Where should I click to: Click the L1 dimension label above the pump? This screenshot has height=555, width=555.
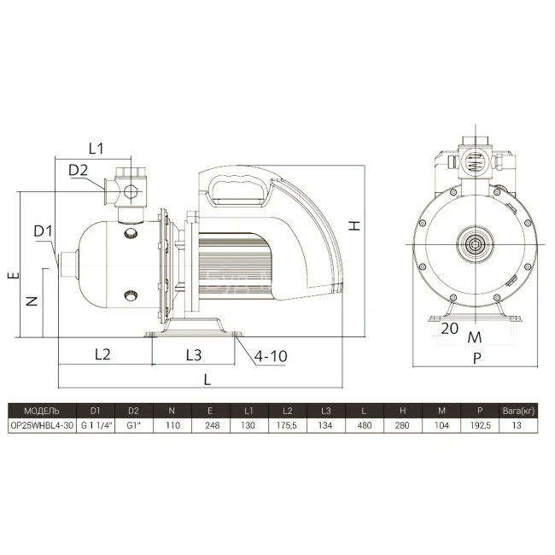[x=96, y=149]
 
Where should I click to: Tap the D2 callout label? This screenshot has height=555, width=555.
[x=78, y=170]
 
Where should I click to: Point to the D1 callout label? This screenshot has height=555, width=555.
[x=43, y=231]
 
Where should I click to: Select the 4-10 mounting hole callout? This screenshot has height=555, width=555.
[x=271, y=356]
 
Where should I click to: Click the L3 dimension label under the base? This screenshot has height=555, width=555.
[x=194, y=355]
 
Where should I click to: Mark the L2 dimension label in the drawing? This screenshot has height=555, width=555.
[x=102, y=354]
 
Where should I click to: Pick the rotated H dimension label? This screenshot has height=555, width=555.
[x=354, y=225]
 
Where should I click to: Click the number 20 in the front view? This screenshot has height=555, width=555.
[x=449, y=329]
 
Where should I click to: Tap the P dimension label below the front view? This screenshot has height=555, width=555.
[x=477, y=359]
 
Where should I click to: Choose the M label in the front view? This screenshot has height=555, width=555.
[x=475, y=337]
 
